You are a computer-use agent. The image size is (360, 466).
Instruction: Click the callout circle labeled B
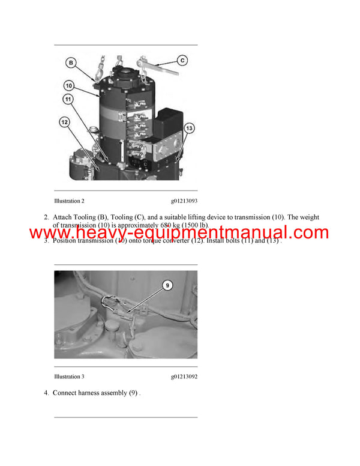click(x=71, y=62)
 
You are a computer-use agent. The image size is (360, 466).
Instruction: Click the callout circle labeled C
click(x=182, y=60)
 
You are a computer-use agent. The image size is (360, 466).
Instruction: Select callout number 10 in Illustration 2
click(x=69, y=86)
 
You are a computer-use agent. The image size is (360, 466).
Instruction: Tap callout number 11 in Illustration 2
click(x=68, y=99)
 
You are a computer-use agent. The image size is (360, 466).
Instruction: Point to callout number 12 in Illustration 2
click(x=64, y=123)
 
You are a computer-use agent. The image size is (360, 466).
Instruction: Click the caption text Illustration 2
click(x=69, y=201)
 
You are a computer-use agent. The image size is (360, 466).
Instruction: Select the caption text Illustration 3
click(x=69, y=377)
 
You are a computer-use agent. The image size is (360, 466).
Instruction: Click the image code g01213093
click(x=184, y=201)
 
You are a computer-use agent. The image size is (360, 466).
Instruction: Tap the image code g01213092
click(x=184, y=377)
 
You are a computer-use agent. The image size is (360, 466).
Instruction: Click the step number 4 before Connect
click(x=46, y=393)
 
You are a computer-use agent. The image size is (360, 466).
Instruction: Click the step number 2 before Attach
click(x=46, y=217)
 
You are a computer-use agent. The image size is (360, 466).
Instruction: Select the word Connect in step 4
click(x=67, y=393)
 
